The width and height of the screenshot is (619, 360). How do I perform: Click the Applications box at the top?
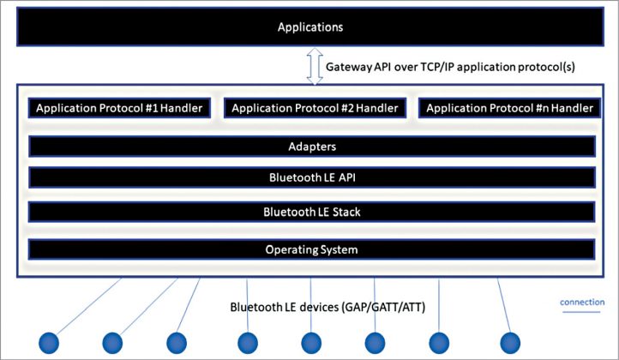coord(309,27)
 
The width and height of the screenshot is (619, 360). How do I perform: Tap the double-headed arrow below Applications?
coord(314,68)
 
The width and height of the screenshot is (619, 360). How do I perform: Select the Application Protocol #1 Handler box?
coord(120,109)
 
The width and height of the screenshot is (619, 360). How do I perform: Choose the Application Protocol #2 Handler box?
coord(315,109)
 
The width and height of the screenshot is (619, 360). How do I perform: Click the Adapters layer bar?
coord(312,147)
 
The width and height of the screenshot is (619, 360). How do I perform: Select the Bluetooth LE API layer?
coord(312,178)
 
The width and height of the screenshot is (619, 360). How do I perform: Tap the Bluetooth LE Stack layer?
coord(312,211)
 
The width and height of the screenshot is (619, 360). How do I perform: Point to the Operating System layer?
coord(312,249)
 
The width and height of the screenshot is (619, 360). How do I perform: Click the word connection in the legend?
coord(583,303)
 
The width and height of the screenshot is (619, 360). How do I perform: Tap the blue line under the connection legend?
coord(583,314)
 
